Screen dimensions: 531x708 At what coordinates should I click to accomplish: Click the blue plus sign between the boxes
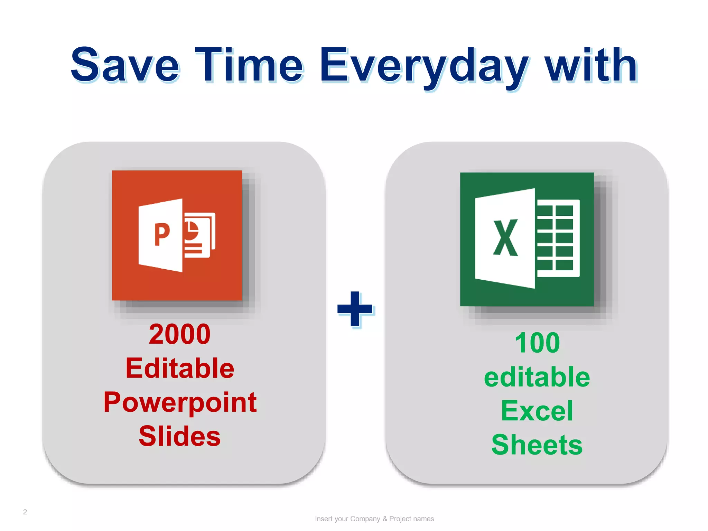click(x=355, y=309)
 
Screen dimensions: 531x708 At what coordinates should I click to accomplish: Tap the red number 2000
click(x=179, y=334)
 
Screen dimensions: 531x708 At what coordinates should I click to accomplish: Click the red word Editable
click(x=180, y=368)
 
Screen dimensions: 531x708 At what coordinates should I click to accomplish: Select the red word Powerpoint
click(x=180, y=402)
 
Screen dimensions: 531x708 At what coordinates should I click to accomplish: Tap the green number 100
click(x=537, y=343)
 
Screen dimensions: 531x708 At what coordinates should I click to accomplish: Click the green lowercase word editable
click(x=537, y=377)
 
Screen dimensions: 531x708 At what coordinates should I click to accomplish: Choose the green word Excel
click(x=537, y=411)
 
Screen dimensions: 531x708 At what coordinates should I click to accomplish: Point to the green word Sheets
click(x=537, y=445)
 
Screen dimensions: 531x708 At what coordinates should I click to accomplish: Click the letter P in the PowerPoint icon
click(x=162, y=234)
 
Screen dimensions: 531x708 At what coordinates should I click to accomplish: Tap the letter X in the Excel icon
click(x=505, y=238)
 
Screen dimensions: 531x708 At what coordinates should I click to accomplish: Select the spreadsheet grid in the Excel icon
click(x=557, y=238)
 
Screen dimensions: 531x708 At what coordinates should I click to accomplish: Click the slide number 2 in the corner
click(x=25, y=512)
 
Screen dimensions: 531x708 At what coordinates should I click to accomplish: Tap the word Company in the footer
click(x=365, y=519)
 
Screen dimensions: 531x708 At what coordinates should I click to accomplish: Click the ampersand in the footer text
click(x=384, y=519)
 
